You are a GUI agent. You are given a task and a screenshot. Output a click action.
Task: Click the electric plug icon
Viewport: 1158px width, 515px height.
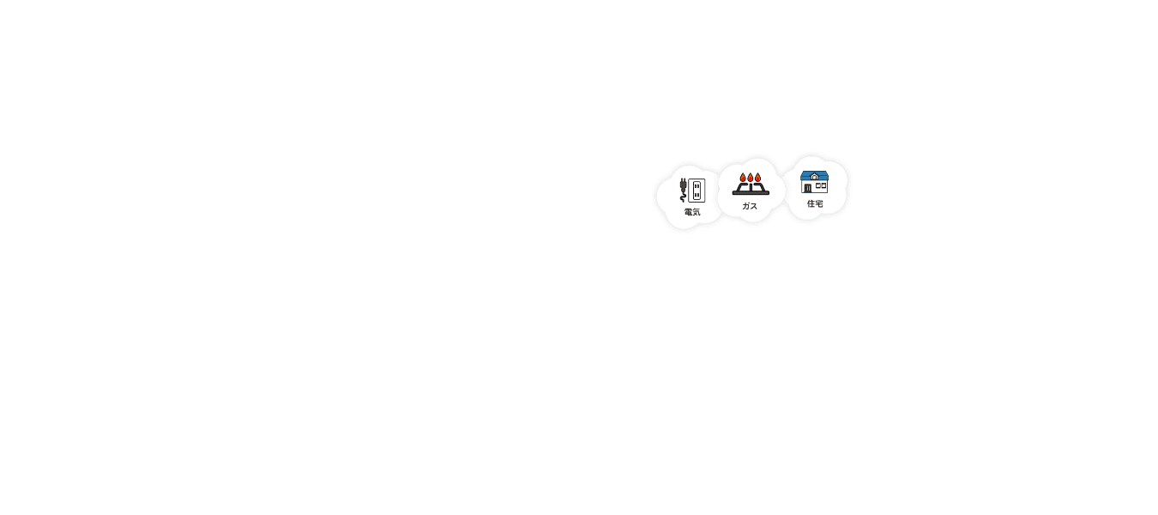tap(684, 185)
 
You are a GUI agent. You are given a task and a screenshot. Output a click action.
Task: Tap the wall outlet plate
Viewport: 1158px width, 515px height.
tap(697, 190)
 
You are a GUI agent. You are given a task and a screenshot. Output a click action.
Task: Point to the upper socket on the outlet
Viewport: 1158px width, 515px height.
tap(697, 185)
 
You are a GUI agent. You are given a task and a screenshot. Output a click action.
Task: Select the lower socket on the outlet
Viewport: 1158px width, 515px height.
tap(697, 195)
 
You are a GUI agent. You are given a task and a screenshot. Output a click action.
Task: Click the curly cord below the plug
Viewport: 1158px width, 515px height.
tap(684, 197)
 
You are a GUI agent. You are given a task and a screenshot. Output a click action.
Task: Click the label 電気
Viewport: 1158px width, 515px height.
tap(692, 212)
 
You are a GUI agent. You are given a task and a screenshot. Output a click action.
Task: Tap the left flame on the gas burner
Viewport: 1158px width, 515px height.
tap(743, 179)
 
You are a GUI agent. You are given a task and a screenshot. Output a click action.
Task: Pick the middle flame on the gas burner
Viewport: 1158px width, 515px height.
tap(751, 178)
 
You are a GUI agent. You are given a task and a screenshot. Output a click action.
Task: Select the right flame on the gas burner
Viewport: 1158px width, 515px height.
tap(758, 179)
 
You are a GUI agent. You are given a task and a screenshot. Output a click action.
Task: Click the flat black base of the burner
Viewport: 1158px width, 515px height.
tap(751, 193)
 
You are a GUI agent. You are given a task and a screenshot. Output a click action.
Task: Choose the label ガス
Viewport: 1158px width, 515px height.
tap(750, 207)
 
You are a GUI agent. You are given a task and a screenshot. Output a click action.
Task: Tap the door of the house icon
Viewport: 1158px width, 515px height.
tap(807, 188)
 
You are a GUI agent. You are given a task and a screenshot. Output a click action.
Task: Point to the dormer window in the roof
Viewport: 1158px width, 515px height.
tap(814, 177)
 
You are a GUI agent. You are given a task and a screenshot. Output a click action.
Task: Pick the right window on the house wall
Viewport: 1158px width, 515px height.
tap(823, 185)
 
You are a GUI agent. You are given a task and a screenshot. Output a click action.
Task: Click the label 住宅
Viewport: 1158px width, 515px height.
tap(815, 204)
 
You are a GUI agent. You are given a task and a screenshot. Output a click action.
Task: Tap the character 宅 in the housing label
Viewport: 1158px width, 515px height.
tap(819, 204)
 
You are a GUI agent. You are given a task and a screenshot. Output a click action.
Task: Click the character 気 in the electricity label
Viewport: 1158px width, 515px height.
tap(697, 212)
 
